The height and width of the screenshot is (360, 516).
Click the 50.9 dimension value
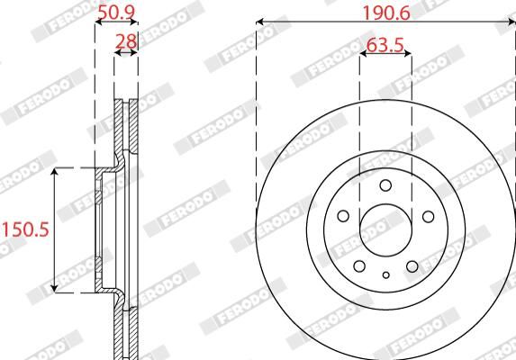tap(117, 13)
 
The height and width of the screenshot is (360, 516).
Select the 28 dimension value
tap(126, 41)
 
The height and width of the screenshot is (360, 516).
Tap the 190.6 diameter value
tap(386, 13)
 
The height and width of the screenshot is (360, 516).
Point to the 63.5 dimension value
tap(385, 45)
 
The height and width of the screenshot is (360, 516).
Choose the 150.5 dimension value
tap(26, 229)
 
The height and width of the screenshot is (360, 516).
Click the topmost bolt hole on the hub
tap(385, 185)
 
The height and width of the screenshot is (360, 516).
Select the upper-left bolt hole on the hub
tap(343, 216)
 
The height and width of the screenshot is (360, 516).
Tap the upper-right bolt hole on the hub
tap(428, 216)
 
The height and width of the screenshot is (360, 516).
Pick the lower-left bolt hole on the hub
tap(359, 266)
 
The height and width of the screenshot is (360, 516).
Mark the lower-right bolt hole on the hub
tap(412, 266)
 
